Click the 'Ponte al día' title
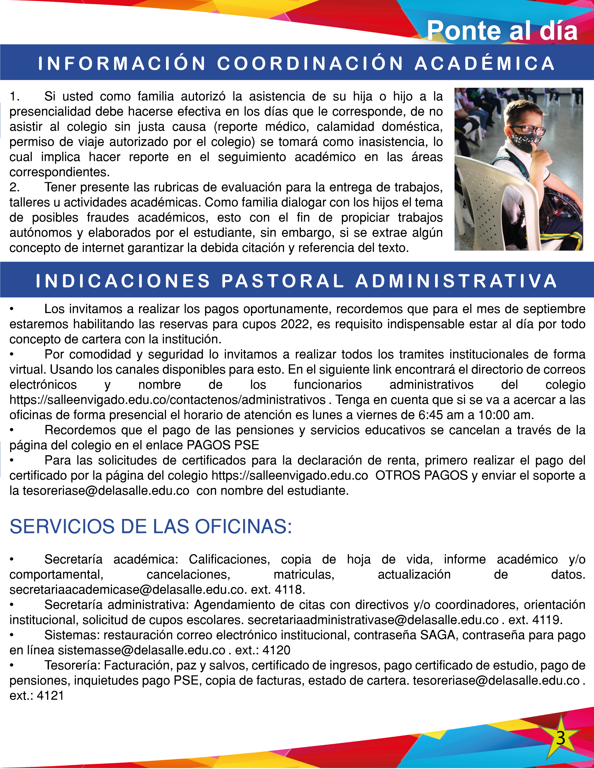pyautogui.click(x=502, y=31)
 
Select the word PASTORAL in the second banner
pyautogui.click(x=282, y=281)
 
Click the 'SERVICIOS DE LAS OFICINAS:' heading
pyautogui.click(x=151, y=526)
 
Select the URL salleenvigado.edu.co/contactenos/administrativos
pyautogui.click(x=167, y=400)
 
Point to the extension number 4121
pyautogui.click(x=50, y=696)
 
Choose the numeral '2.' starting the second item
pyautogui.click(x=14, y=187)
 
